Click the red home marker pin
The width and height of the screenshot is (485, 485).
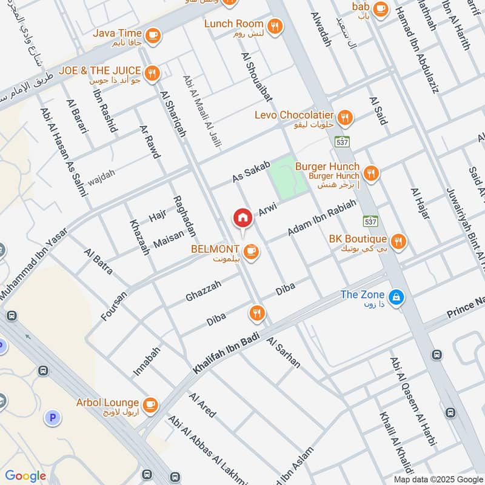click(242, 218)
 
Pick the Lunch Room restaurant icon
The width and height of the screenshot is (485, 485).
click(276, 25)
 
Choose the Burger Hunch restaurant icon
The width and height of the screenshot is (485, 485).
click(371, 173)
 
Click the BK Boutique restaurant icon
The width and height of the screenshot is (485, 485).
click(398, 241)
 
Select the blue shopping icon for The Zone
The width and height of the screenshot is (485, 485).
click(396, 296)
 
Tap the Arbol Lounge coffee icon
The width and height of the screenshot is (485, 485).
click(150, 404)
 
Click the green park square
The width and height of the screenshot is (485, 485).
click(289, 176)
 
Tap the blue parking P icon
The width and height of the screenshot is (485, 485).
click(53, 417)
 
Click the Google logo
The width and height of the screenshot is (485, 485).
click(25, 476)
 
